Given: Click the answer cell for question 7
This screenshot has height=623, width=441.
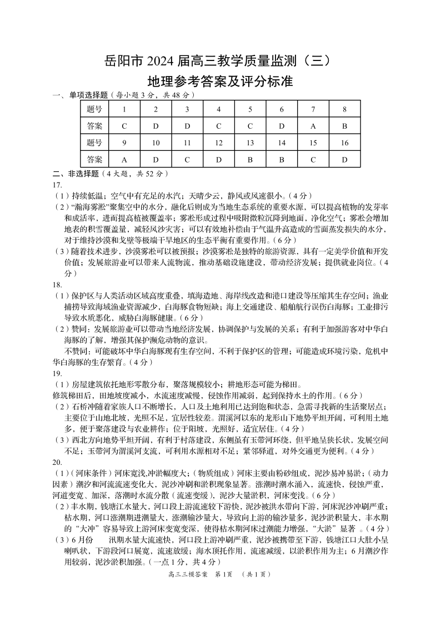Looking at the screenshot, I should click(x=313, y=126).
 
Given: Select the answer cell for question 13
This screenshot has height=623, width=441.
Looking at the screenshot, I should click(x=250, y=160).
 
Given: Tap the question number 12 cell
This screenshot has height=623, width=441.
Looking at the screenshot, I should click(x=218, y=143).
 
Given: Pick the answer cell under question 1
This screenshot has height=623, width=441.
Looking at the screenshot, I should click(x=124, y=126).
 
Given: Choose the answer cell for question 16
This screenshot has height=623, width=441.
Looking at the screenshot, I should click(x=344, y=160).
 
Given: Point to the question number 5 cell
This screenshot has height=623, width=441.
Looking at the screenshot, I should click(x=250, y=109).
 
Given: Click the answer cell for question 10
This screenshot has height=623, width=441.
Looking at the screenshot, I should click(x=156, y=160).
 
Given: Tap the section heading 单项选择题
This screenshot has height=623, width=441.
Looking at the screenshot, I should click(x=85, y=95).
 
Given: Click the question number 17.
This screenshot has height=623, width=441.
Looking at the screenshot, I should click(x=57, y=185).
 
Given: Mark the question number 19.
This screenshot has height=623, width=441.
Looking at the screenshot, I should click(x=57, y=373).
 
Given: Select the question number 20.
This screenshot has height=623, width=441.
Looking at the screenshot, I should click(x=57, y=462).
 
